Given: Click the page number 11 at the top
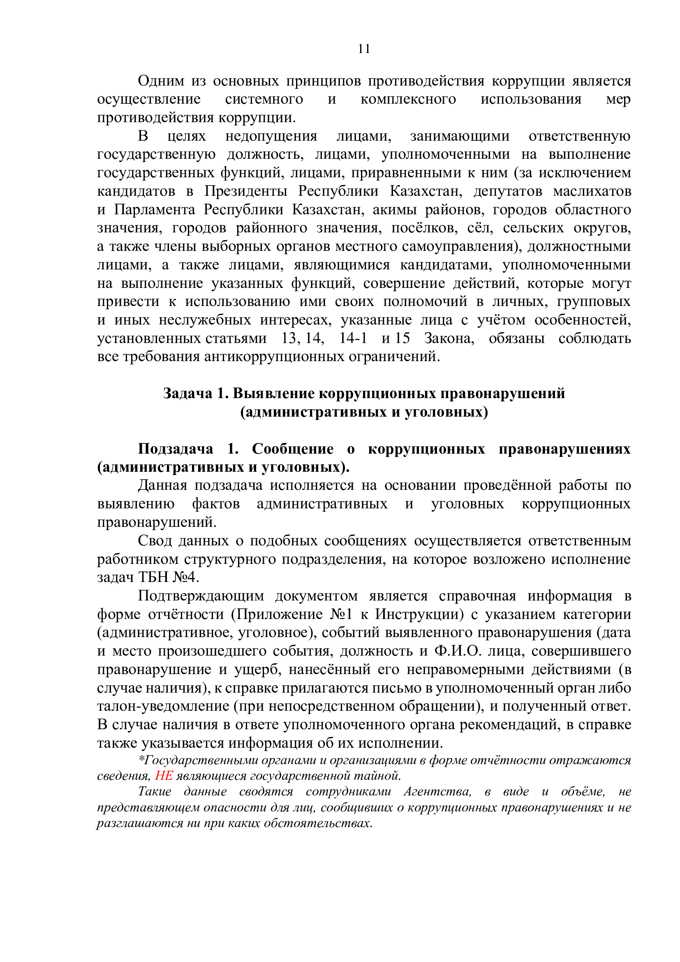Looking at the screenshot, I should click(x=364, y=49).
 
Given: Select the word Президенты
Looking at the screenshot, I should click(x=246, y=191).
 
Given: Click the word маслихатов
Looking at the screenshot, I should click(x=592, y=191).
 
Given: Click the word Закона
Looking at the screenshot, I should click(x=449, y=338).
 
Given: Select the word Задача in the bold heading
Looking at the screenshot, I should click(x=187, y=394).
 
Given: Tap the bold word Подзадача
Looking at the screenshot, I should click(x=176, y=449).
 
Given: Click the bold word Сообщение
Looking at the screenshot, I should click(x=293, y=449).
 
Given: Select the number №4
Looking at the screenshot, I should click(x=185, y=577).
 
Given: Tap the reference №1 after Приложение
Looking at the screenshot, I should click(x=341, y=614).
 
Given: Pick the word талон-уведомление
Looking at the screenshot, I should click(x=163, y=706).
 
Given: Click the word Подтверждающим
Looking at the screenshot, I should click(x=201, y=596).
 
